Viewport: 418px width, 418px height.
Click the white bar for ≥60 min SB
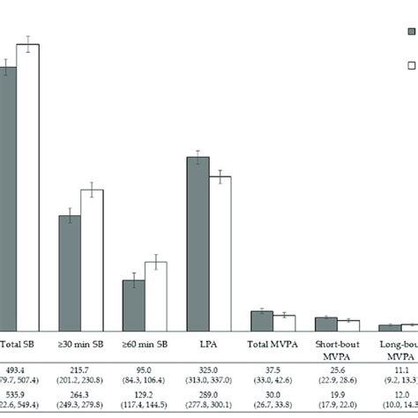click(x=156, y=295)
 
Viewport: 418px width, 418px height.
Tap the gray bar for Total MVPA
click(x=262, y=319)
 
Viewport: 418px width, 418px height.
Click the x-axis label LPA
click(x=209, y=345)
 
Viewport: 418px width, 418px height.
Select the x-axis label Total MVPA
click(x=272, y=345)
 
